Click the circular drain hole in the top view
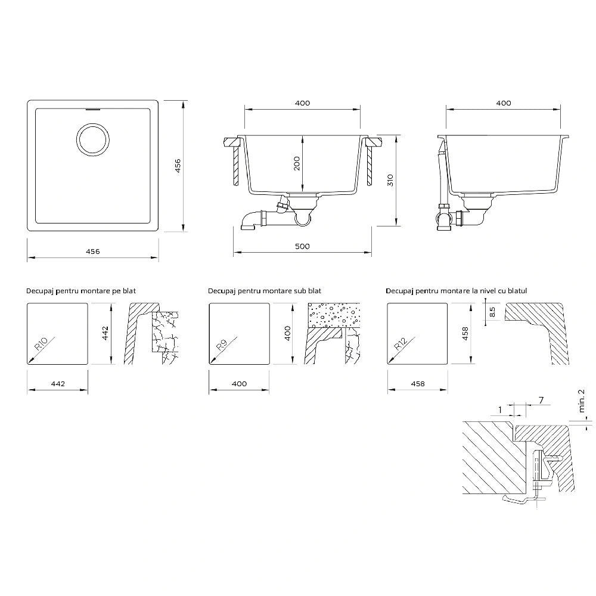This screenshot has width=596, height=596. (93, 123)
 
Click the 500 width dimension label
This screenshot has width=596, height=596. (302, 246)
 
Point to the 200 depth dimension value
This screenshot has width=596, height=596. (297, 163)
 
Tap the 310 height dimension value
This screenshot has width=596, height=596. (390, 180)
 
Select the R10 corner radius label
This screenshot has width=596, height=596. (41, 344)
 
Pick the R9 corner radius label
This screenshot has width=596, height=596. (222, 345)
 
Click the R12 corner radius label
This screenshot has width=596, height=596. (401, 344)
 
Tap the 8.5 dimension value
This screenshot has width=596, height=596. (492, 312)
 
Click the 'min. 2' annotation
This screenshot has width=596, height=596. (581, 401)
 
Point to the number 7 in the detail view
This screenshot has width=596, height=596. (541, 400)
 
